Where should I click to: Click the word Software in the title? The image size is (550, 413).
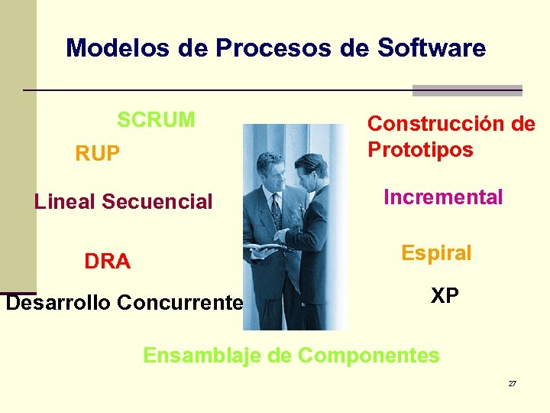432,48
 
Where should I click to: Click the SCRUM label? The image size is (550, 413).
156,120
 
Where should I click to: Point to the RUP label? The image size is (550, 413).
97,154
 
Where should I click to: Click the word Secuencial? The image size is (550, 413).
157,202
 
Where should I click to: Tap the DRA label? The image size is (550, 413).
107,262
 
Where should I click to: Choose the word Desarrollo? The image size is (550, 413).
59,303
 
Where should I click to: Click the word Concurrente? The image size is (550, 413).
180,303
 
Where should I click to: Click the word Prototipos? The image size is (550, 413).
420,149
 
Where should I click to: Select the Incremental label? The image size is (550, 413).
443,197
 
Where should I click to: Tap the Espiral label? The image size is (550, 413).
436,253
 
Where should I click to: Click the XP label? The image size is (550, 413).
445,296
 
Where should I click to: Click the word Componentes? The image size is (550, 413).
369,356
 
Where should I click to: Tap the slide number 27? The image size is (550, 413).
512,383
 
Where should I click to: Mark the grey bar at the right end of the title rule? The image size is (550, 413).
467,90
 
